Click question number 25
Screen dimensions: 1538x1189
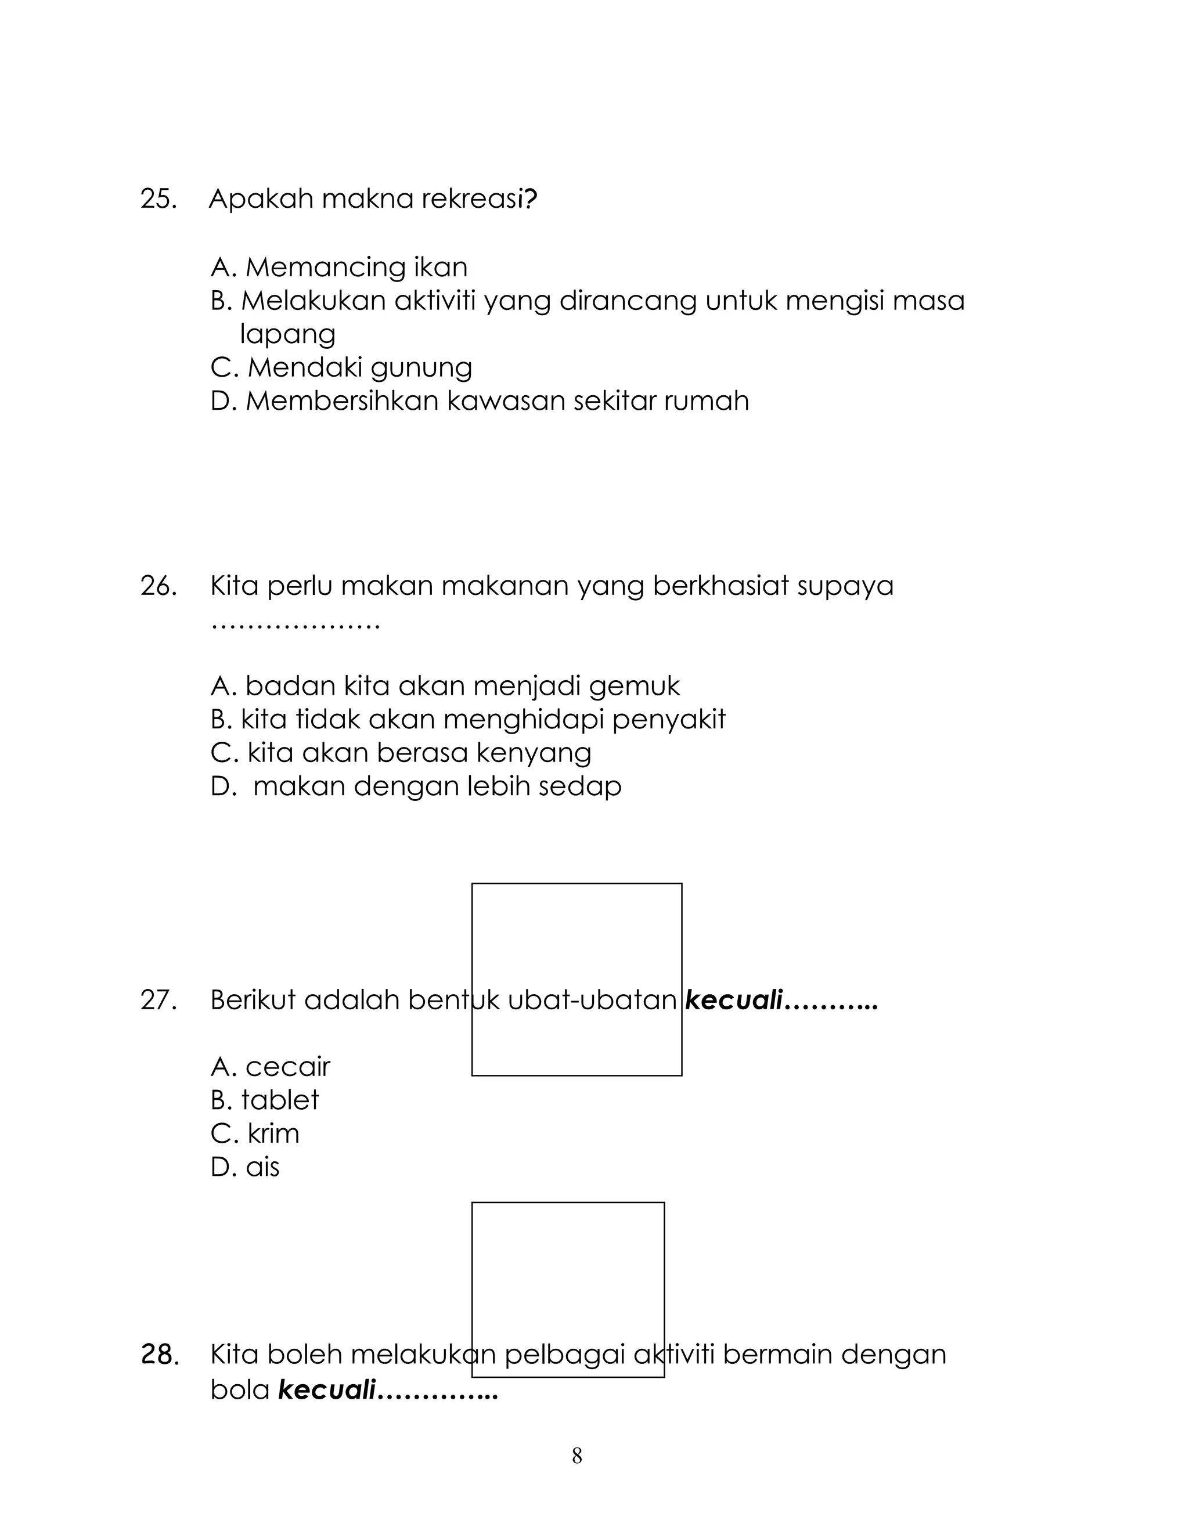point(158,199)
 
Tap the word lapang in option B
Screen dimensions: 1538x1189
point(287,334)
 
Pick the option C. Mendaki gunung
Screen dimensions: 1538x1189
point(341,367)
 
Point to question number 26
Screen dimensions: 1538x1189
point(158,586)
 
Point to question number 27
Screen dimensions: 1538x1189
point(158,1000)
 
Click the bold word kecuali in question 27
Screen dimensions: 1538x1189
point(734,1000)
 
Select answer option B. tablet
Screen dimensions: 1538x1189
point(265,1100)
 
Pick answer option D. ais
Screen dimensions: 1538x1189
point(245,1168)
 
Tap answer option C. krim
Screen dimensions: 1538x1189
point(255,1134)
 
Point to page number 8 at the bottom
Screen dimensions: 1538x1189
point(577,1456)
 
